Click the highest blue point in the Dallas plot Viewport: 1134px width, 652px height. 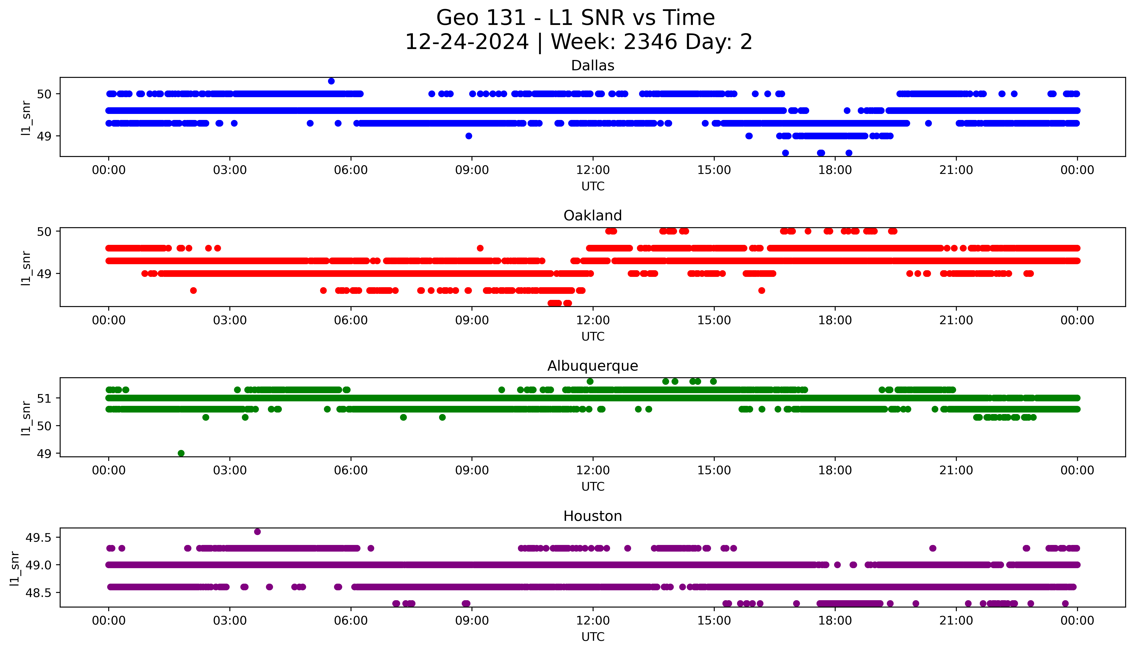(331, 81)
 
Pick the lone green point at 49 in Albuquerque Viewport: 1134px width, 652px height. (181, 453)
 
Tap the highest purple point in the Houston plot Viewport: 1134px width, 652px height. (257, 532)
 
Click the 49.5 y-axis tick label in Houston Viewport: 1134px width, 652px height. (38, 537)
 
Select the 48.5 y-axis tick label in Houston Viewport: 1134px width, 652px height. (38, 592)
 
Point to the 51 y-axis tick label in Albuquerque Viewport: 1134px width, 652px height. (44, 398)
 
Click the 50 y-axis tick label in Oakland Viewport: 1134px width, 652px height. (44, 232)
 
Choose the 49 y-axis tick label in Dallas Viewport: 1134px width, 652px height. (44, 136)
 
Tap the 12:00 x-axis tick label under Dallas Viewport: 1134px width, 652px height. (593, 170)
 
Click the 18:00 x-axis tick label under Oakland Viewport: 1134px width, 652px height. (835, 320)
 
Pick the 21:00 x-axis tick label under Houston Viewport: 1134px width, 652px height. (956, 621)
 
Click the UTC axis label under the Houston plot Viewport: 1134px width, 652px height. (593, 637)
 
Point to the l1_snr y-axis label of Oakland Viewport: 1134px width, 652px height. (26, 268)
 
